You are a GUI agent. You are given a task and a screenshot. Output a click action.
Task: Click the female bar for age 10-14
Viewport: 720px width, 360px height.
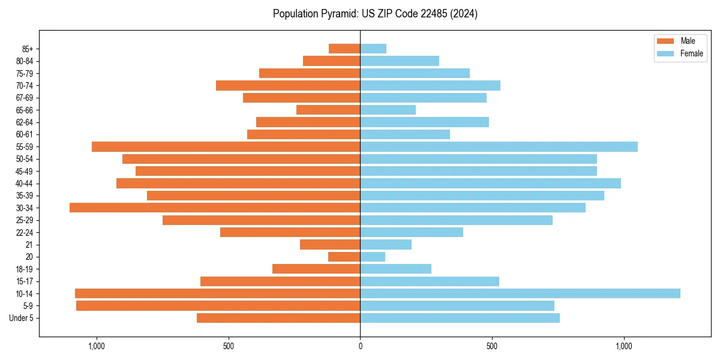point(520,293)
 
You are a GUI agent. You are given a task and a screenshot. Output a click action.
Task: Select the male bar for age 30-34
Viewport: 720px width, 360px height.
point(215,208)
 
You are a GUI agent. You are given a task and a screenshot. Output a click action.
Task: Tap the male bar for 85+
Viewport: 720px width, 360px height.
point(344,49)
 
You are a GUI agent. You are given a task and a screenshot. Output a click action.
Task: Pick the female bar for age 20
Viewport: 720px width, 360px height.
point(373,257)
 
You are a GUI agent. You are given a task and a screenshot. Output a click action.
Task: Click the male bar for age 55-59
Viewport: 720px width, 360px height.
point(226,146)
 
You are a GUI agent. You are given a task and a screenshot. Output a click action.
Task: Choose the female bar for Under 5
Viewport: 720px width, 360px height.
point(460,318)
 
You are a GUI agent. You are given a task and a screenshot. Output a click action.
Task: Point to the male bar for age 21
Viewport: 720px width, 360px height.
point(330,244)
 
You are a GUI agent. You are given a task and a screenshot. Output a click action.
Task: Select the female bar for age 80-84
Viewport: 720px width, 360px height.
point(400,61)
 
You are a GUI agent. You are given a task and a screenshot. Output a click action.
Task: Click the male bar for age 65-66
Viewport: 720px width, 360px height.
point(328,110)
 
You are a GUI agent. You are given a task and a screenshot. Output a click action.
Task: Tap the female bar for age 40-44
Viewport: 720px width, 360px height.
point(490,183)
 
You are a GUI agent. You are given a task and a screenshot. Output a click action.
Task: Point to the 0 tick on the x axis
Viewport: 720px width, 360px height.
point(360,346)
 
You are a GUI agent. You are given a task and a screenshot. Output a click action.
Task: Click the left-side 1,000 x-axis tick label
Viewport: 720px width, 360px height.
point(97,346)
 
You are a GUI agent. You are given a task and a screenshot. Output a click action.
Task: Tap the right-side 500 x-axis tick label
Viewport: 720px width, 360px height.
point(492,346)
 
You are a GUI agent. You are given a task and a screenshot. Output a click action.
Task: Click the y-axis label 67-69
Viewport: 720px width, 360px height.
point(25,98)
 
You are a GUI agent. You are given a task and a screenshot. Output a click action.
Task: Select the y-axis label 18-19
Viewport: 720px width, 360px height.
point(25,269)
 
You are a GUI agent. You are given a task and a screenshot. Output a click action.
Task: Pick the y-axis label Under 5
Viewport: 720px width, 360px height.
point(22,318)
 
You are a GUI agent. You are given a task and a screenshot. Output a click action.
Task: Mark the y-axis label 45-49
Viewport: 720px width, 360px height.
point(25,171)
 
